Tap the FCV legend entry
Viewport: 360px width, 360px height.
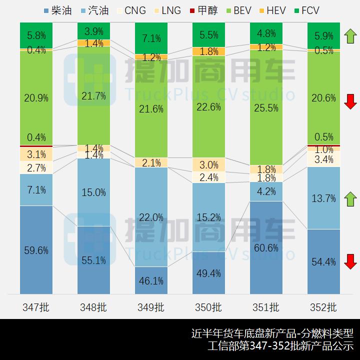pyautogui.click(x=305, y=10)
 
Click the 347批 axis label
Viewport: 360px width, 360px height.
pyautogui.click(x=36, y=307)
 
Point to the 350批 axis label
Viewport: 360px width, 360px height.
pyautogui.click(x=208, y=307)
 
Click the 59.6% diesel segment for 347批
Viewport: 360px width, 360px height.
pyautogui.click(x=36, y=250)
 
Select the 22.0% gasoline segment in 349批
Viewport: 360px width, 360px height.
pyautogui.click(x=151, y=217)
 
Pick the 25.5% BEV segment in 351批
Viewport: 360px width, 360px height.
pyautogui.click(x=265, y=107)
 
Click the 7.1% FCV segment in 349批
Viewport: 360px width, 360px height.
pyautogui.click(x=151, y=38)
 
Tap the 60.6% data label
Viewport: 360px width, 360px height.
pyautogui.click(x=265, y=248)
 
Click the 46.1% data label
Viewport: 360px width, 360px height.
pyautogui.click(x=151, y=280)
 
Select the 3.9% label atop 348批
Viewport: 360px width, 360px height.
pyautogui.click(x=93, y=31)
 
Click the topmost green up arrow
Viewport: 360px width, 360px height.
pyautogui.click(x=350, y=36)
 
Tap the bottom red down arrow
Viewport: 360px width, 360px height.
pyautogui.click(x=350, y=261)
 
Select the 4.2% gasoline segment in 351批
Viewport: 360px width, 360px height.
pyautogui.click(x=265, y=191)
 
